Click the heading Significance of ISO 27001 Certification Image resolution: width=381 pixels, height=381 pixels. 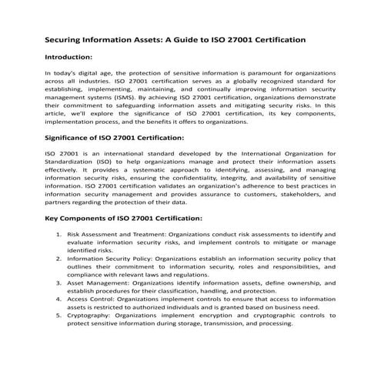(x=115, y=138)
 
